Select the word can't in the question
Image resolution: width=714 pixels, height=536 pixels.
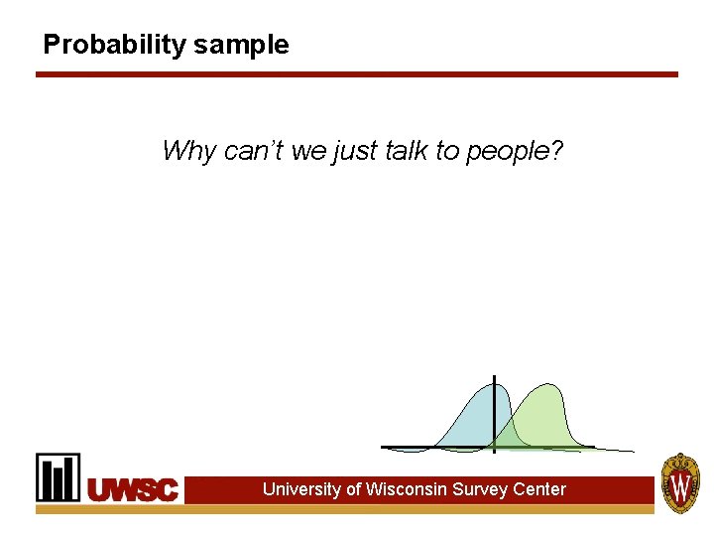coord(255,151)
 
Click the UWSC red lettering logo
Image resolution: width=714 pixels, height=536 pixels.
coord(133,489)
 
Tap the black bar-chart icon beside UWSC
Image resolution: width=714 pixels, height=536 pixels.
coord(59,477)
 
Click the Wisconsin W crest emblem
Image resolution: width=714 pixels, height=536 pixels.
coord(681,483)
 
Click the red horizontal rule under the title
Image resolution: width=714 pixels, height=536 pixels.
coord(357,74)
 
